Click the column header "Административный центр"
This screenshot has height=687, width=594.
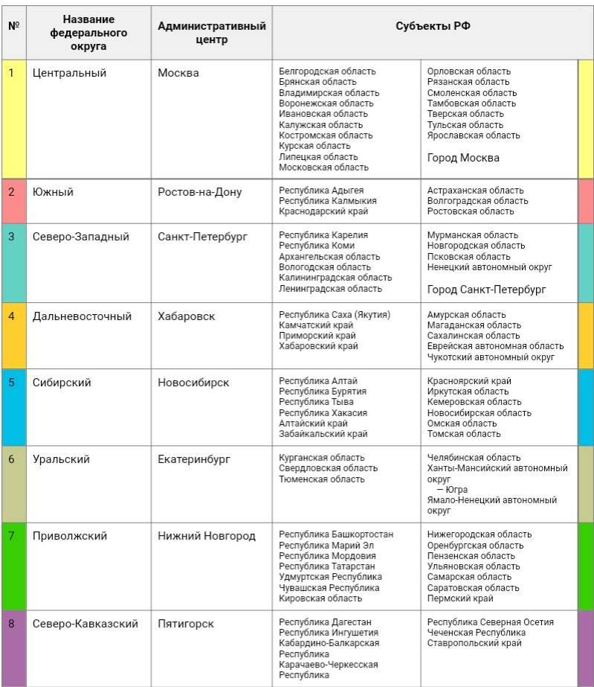(x=212, y=33)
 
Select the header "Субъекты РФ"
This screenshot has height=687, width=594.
(x=433, y=27)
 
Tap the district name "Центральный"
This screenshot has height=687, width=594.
(x=69, y=73)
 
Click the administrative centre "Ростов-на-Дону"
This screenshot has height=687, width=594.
(x=200, y=192)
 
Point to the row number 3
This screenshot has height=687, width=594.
(x=11, y=237)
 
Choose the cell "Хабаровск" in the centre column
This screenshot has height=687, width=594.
(x=187, y=316)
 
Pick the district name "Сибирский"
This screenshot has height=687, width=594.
(x=62, y=383)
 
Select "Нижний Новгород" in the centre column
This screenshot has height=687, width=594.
(x=207, y=536)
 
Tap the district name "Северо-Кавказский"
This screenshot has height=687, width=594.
(x=85, y=624)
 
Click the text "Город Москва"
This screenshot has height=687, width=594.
(x=463, y=158)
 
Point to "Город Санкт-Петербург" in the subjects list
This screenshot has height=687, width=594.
(x=486, y=289)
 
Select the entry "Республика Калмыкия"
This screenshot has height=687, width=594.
(x=328, y=201)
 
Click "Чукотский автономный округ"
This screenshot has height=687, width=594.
(x=491, y=357)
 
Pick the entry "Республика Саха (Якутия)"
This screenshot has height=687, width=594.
(x=335, y=315)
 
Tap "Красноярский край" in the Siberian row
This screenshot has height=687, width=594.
(x=469, y=381)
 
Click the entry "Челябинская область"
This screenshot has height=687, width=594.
(x=474, y=458)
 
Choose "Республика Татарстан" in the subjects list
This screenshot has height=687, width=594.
(x=327, y=566)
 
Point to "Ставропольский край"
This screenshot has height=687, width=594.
(x=474, y=643)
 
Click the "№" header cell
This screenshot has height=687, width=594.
(x=13, y=27)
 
